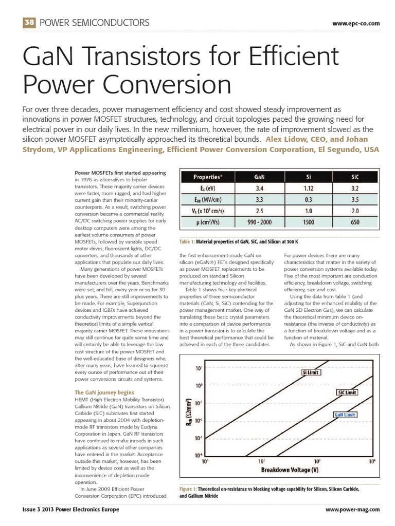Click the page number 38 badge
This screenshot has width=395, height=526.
point(28,23)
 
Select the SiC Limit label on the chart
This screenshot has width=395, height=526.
point(347,392)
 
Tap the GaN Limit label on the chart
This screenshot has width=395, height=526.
point(345,414)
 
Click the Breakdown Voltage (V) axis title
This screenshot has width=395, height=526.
point(290,469)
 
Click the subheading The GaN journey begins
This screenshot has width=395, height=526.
point(101,392)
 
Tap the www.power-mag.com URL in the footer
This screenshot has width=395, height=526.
point(353,509)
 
